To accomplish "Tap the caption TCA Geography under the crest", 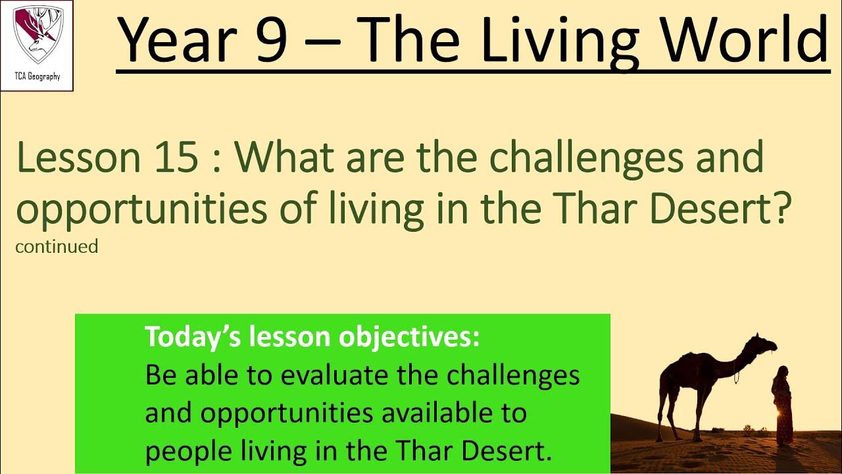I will tap(37, 76).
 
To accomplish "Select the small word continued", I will tap(57, 247).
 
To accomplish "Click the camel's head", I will tap(765, 344).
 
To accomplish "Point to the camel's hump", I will tap(698, 358).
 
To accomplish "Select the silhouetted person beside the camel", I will tap(782, 405).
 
